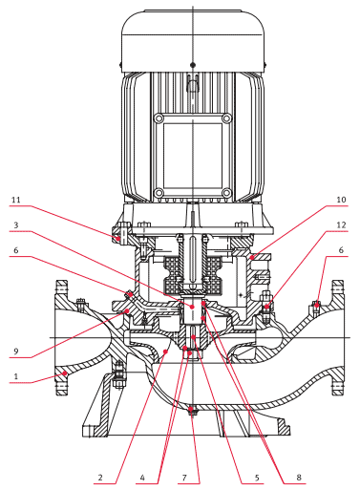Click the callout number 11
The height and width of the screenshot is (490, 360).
point(16,200)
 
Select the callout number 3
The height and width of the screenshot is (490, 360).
point(16,225)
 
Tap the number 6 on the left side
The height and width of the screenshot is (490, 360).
point(16,250)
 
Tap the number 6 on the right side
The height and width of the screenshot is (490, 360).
point(341,250)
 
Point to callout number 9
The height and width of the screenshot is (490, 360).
point(16,352)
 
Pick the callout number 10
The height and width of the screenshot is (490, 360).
point(341,200)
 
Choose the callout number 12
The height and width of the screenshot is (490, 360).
point(341,225)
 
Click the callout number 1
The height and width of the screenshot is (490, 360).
point(16,376)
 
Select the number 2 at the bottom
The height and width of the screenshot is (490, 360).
point(100,478)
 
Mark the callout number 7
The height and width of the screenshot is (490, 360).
point(184,478)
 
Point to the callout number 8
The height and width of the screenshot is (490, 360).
point(299,478)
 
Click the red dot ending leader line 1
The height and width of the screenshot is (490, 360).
point(65,373)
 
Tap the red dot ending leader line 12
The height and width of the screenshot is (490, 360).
point(266,307)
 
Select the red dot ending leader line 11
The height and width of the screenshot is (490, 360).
point(117,238)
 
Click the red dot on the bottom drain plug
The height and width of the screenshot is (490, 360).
point(191,409)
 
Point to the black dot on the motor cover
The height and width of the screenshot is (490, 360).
point(193,65)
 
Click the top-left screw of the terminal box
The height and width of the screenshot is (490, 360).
point(159,118)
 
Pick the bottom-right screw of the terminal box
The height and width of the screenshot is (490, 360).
point(226,193)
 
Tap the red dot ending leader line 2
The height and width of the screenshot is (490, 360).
point(165,352)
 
